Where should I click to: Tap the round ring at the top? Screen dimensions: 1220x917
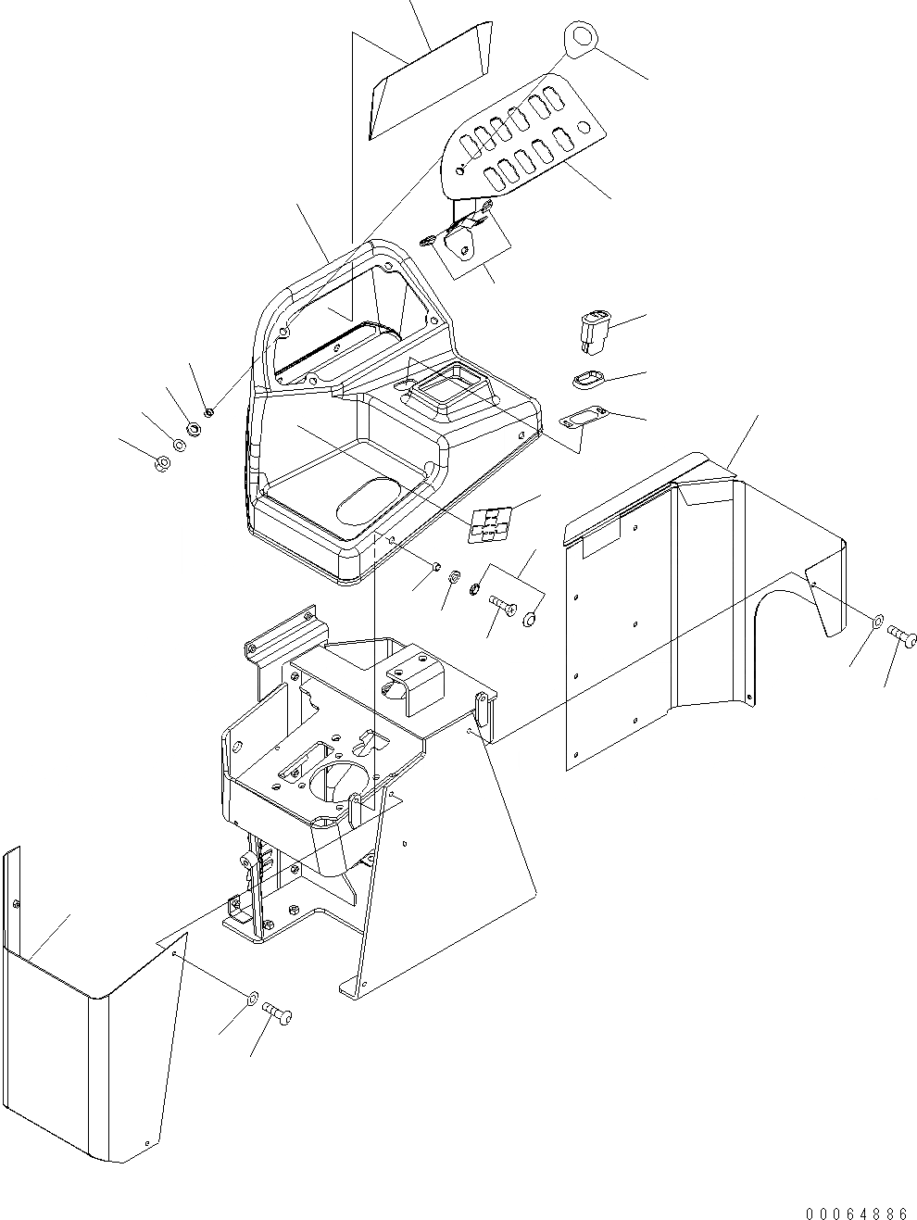coord(581,37)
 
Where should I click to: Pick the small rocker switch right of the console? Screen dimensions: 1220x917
coord(592,333)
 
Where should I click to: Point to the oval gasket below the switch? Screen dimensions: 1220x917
coord(585,380)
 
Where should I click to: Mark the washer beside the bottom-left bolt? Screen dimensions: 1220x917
coord(253,999)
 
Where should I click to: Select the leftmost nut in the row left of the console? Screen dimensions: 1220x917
coord(161,462)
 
